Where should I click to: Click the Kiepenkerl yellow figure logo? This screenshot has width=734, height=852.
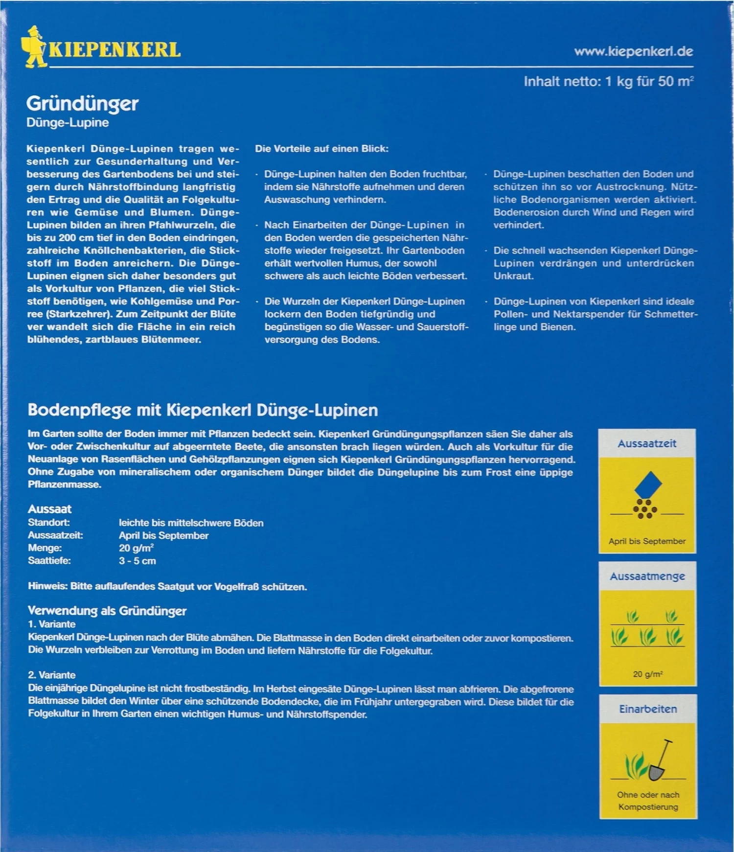(34, 47)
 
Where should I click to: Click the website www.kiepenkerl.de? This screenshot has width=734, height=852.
(633, 51)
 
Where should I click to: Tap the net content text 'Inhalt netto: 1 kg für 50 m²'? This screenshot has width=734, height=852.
(608, 81)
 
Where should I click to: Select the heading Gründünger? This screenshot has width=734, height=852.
(82, 103)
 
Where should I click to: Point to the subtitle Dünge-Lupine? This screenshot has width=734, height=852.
(68, 123)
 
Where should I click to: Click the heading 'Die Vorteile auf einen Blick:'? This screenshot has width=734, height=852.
(321, 149)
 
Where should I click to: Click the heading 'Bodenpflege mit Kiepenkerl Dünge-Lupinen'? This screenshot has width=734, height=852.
(203, 410)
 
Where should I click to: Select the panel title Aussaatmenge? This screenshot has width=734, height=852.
(647, 576)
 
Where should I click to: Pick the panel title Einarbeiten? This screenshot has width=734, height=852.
(648, 709)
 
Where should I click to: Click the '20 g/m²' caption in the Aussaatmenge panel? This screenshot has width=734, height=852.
(647, 674)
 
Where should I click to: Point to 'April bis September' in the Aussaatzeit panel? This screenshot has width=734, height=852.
(647, 541)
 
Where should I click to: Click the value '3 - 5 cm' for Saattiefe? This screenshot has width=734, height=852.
(138, 561)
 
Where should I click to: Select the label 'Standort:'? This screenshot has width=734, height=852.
(49, 523)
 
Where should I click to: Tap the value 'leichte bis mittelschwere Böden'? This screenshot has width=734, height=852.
(191, 523)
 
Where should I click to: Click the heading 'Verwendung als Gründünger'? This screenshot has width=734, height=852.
(107, 611)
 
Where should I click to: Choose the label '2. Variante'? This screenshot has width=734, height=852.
(52, 675)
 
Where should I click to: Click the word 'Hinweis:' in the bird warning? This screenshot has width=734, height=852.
(48, 586)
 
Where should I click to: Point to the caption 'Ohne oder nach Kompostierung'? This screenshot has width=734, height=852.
(648, 801)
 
